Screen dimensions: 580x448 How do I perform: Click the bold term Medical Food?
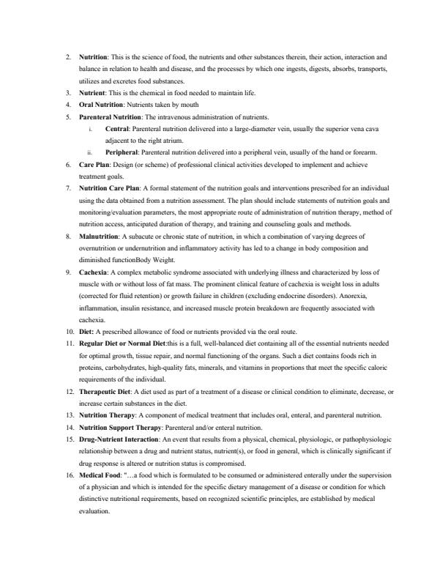100,475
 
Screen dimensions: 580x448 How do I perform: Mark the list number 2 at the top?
67,56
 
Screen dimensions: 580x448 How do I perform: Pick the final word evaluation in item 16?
95,510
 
